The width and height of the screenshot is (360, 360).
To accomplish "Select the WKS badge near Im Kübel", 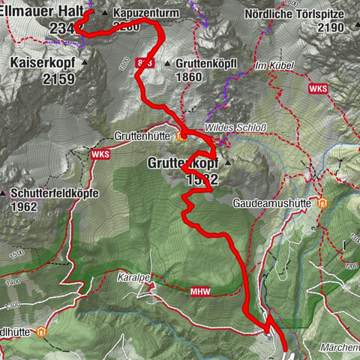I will (318, 88).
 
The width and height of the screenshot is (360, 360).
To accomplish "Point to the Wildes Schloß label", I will (226, 127).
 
